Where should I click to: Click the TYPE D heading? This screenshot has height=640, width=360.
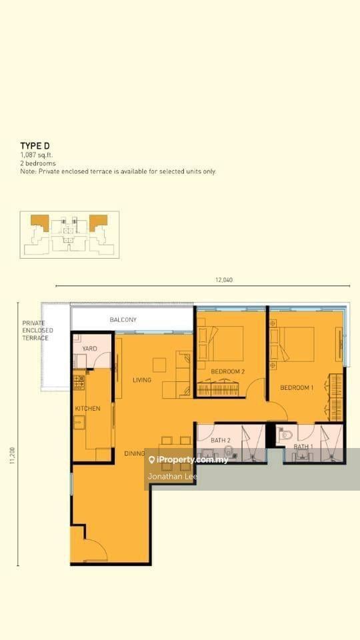35,146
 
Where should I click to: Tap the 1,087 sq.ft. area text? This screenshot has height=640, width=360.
36,155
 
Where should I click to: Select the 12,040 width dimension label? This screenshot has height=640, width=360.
224,280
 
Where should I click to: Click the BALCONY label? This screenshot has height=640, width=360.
123,319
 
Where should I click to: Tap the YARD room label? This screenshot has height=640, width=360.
89,349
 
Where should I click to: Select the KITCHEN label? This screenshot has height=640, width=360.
88,408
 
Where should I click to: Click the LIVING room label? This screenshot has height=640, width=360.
142,380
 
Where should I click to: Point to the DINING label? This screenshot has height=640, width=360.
135,453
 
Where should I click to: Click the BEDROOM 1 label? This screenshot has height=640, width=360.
297,387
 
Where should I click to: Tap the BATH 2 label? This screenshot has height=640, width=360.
221,441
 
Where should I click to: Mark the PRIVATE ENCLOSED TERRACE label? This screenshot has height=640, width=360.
37,330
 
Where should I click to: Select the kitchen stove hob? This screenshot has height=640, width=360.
79,383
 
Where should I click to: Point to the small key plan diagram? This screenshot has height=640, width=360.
70,235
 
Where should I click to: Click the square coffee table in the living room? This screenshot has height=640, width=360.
159,365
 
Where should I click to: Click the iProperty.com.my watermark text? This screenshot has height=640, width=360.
188,461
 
